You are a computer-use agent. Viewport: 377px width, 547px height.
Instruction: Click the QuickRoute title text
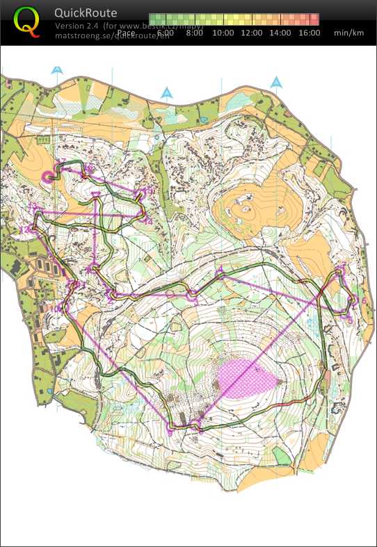click(x=86, y=13)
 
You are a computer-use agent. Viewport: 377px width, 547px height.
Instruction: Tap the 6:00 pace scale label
click(x=166, y=33)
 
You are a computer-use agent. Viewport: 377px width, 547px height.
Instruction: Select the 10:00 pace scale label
click(x=223, y=33)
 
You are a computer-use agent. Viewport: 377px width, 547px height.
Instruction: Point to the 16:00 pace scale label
click(x=309, y=33)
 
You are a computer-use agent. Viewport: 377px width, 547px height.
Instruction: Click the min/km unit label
click(x=348, y=33)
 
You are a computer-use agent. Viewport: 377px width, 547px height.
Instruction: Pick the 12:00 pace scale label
click(x=252, y=33)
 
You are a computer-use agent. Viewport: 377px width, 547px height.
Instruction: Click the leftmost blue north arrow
click(x=57, y=70)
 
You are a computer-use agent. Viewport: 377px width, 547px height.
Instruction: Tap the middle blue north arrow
click(x=166, y=92)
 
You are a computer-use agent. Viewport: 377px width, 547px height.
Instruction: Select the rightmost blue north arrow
click(x=277, y=82)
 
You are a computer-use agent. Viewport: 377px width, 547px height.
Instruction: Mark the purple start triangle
click(x=96, y=195)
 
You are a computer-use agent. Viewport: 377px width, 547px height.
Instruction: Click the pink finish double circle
click(x=50, y=177)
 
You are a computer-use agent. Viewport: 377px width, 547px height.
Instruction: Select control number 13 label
click(x=32, y=206)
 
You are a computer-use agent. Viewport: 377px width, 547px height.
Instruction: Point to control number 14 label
click(x=148, y=221)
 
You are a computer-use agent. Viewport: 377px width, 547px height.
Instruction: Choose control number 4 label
click(x=220, y=268)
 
